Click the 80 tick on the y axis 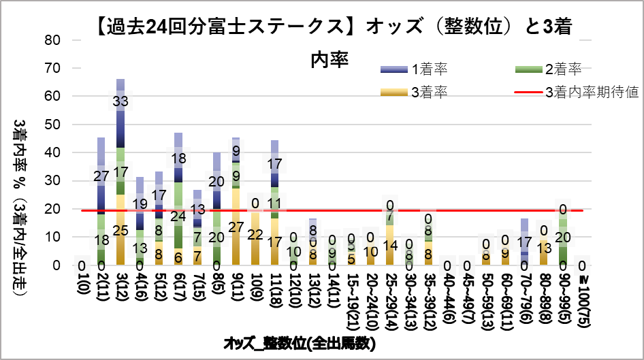(53, 40)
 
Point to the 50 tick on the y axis (53, 125)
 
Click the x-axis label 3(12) (120, 292)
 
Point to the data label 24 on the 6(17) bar (178, 217)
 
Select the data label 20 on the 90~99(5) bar (562, 237)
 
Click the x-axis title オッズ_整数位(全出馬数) (300, 344)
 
